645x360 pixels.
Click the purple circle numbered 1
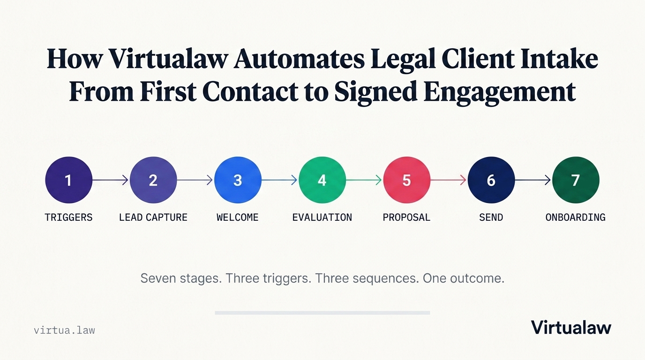point(68,180)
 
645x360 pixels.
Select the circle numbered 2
point(153,180)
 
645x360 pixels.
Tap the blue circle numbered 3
point(238,180)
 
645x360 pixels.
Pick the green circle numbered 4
point(322,180)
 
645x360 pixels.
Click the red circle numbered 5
point(406,180)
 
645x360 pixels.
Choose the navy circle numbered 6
point(491,180)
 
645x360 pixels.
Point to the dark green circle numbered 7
point(576,180)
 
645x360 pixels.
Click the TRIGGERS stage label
point(68,217)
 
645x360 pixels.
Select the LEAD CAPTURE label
point(153,217)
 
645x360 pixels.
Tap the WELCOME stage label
point(238,217)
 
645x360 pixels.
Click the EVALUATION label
point(322,217)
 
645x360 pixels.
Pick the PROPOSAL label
point(406,217)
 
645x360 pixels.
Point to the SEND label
point(491,217)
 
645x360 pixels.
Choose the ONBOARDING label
point(576,217)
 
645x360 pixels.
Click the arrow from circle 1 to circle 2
point(110,180)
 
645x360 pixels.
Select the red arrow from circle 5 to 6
point(448,180)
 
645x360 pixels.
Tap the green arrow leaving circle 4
point(364,180)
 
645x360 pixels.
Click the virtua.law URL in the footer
point(64,330)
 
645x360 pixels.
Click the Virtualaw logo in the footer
point(571,328)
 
